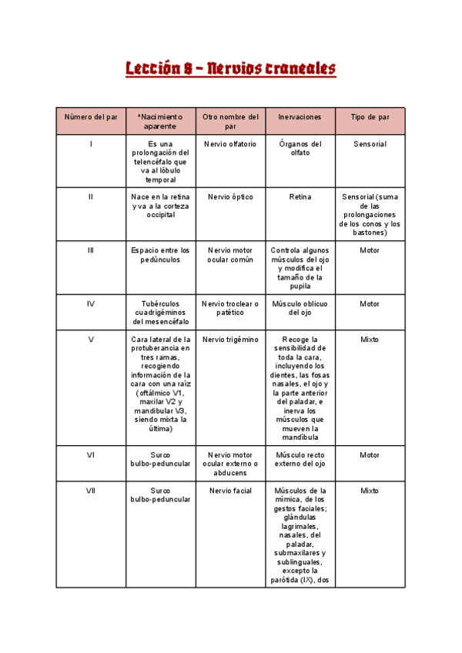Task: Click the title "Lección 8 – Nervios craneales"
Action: (231, 69)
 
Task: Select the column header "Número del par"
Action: (91, 117)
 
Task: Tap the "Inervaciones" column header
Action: (300, 117)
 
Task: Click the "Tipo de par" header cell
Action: (370, 117)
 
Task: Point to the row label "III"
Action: (91, 250)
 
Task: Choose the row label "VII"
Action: (91, 491)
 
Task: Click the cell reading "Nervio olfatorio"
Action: (230, 144)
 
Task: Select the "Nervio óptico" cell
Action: (230, 197)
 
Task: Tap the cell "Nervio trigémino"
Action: (230, 339)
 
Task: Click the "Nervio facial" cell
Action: (230, 491)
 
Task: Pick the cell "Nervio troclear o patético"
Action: (230, 308)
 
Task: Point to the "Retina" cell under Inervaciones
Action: (300, 197)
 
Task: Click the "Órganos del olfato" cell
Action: (300, 148)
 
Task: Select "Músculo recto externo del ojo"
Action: (300, 460)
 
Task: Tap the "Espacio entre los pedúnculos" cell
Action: (160, 255)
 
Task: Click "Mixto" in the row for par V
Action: (370, 339)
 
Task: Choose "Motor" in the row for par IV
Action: (370, 303)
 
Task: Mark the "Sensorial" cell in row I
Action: (370, 144)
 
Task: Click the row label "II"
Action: (91, 197)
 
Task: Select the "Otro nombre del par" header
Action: (230, 121)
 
